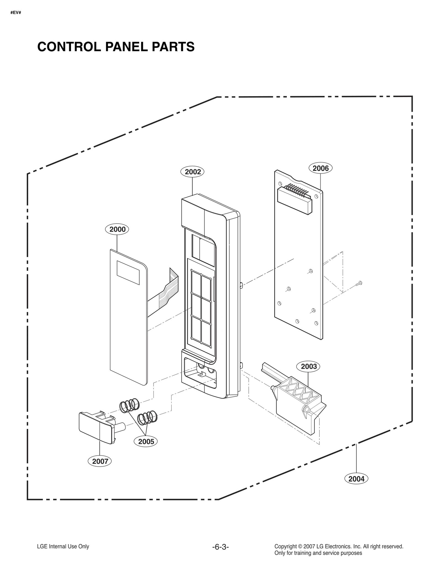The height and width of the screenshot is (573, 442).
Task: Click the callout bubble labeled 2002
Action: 193,172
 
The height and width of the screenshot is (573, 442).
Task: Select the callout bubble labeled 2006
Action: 320,168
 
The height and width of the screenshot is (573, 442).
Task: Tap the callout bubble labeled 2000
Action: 117,229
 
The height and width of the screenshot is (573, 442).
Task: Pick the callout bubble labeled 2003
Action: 309,367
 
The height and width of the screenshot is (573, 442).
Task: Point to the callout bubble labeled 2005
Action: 146,442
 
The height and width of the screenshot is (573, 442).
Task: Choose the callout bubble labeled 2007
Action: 100,461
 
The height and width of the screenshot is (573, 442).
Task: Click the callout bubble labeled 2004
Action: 356,479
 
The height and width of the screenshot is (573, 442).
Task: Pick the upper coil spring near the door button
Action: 129,405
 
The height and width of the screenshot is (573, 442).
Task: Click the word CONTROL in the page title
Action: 69,47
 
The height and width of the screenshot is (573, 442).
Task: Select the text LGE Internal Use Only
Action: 63,546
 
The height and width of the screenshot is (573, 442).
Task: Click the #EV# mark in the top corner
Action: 16,13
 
